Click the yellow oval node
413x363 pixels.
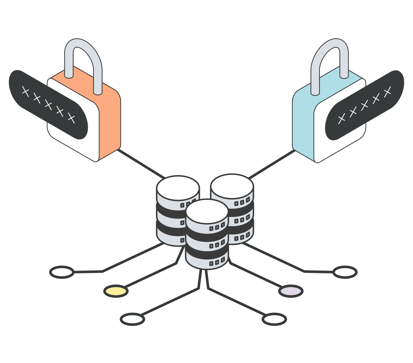coord(115,291)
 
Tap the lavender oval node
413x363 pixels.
coord(291,291)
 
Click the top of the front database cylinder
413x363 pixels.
coord(207,211)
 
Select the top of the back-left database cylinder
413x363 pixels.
coord(178,187)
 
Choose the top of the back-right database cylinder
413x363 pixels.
coord(232,186)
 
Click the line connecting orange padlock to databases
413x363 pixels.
coord(140,163)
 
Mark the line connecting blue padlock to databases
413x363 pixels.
coord(272,164)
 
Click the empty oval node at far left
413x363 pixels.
coord(62,272)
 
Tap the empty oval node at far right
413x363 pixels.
coord(345,272)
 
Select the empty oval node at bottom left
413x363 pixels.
coord(132,319)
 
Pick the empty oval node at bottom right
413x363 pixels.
coord(274,319)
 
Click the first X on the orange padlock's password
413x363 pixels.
coord(25,91)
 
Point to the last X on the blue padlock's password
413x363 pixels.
coord(387,92)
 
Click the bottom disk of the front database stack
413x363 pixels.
coord(207,261)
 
